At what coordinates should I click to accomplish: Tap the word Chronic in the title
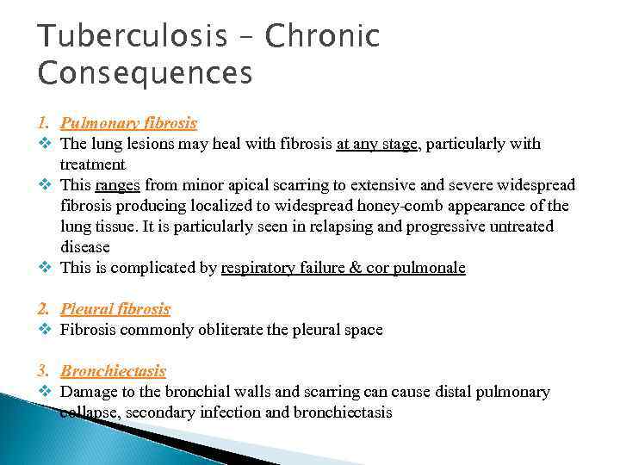pos(322,37)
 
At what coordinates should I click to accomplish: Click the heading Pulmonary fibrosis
pos(128,123)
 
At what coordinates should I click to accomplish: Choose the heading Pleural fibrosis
pos(115,309)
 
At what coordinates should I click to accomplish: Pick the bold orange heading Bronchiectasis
pos(113,371)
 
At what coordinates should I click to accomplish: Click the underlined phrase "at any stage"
pos(377,144)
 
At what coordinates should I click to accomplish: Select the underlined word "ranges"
pos(120,185)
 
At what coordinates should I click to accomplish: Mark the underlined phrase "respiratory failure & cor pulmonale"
pos(343,268)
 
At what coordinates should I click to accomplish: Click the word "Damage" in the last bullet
pos(86,392)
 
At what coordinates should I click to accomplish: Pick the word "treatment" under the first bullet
pos(92,164)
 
